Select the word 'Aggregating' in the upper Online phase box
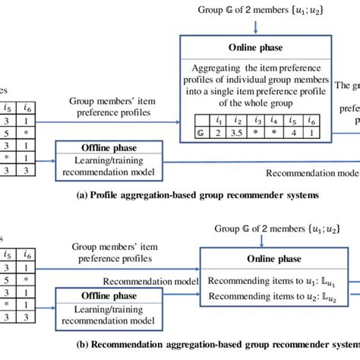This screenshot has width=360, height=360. tap(213, 68)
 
